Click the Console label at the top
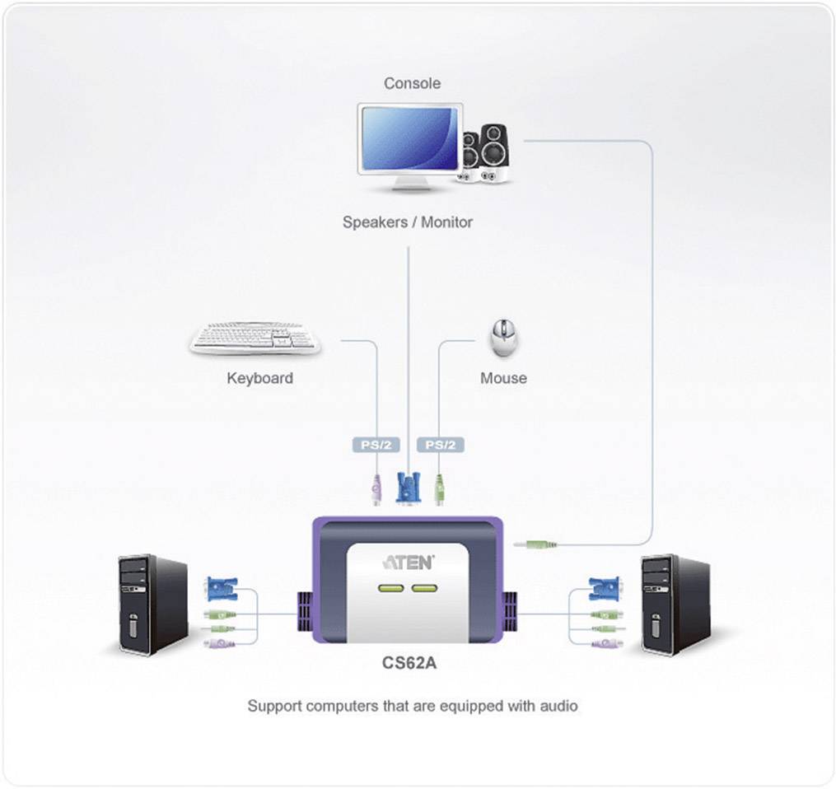(412, 83)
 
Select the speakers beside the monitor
(486, 154)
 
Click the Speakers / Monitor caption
(408, 222)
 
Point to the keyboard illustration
(255, 338)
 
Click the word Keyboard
(259, 379)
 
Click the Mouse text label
(503, 378)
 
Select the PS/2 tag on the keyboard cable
(376, 445)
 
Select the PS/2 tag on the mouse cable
(441, 445)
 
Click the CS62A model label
(408, 662)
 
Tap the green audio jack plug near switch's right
(535, 544)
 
